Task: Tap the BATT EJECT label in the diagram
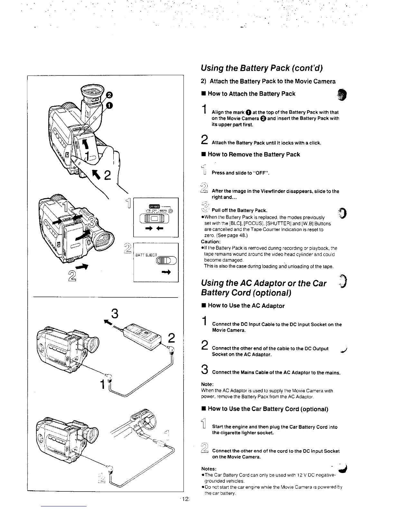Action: point(146,255)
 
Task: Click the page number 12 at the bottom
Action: point(185,499)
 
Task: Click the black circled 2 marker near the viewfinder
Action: point(109,94)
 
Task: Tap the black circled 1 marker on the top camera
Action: point(110,105)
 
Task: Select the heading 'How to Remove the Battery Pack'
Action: point(254,155)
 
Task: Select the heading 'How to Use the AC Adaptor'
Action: point(246,306)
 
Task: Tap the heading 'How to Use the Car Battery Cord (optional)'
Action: point(268,409)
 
